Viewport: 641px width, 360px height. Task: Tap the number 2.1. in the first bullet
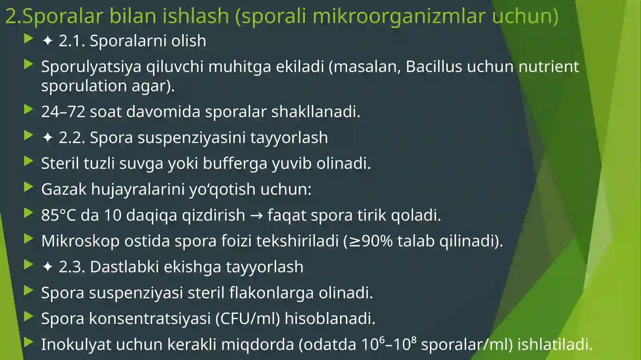[72, 41]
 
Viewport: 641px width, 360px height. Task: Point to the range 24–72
[63, 112]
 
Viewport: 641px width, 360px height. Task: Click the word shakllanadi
[316, 112]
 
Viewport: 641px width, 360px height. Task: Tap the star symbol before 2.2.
[47, 138]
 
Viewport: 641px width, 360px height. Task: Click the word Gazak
[64, 189]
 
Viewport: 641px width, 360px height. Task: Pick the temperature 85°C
[58, 215]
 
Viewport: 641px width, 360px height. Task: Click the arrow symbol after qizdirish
[256, 215]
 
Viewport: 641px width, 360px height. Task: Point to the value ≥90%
[371, 241]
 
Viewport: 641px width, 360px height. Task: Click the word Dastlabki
[124, 267]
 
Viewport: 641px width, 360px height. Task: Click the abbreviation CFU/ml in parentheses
[248, 319]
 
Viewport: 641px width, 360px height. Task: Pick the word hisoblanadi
[330, 319]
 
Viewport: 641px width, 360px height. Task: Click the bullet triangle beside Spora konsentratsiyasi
[28, 317]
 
